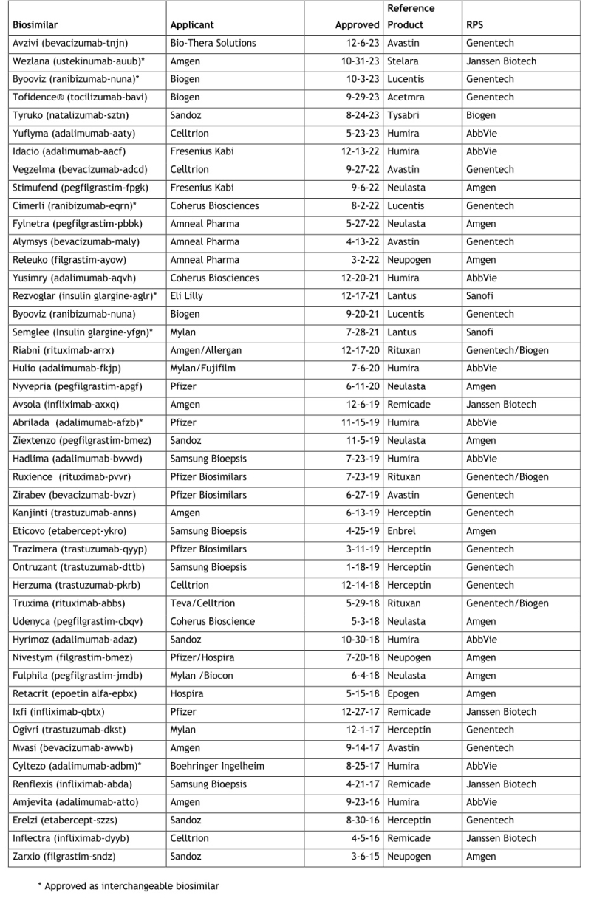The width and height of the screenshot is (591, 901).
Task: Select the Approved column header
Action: pos(357,24)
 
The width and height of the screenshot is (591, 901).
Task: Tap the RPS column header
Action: pos(475,24)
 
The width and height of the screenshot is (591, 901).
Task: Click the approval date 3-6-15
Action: pos(363,857)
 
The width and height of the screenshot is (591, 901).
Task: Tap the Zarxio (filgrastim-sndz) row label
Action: pos(64,857)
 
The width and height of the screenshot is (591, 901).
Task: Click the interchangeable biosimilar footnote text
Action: pos(129,885)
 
